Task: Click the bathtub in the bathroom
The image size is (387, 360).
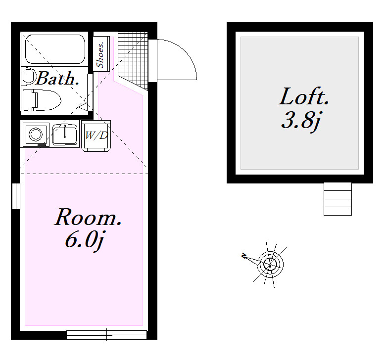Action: (55, 49)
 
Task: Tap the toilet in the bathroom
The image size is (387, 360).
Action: (42, 100)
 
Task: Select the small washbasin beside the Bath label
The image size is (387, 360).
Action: (28, 76)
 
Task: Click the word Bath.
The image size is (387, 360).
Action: (58, 79)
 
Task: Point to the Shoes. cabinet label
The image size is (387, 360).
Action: (100, 55)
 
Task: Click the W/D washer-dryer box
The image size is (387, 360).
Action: (96, 135)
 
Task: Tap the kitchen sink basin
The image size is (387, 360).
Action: (65, 135)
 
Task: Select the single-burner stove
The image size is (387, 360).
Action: (36, 135)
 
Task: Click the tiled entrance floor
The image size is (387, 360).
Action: (133, 59)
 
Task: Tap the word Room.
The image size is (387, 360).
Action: (88, 217)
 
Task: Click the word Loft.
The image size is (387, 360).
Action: (304, 96)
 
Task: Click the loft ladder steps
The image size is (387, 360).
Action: (338, 199)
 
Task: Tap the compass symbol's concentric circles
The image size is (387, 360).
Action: (270, 265)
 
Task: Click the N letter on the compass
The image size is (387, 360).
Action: (244, 256)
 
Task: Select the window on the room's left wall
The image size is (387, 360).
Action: (16, 196)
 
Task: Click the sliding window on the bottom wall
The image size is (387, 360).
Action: (106, 335)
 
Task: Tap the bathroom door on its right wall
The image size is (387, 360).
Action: (90, 92)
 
